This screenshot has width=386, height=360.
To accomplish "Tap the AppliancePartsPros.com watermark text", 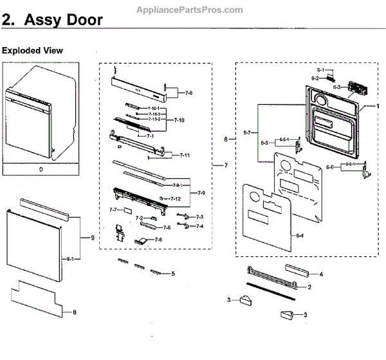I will pos(190,10).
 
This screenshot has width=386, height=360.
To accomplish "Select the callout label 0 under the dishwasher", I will pos(41,169).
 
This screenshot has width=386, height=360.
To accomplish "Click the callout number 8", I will pos(75,314).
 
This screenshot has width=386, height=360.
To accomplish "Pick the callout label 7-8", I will pos(188,93).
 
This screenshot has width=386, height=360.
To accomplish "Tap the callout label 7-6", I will pos(158,240).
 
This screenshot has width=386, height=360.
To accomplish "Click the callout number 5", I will pos(173,274).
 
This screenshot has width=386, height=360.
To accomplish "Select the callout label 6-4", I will pos(300,236).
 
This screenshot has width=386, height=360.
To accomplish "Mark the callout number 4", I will pos(321,274).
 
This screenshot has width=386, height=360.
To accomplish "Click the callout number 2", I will pos(309,287).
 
